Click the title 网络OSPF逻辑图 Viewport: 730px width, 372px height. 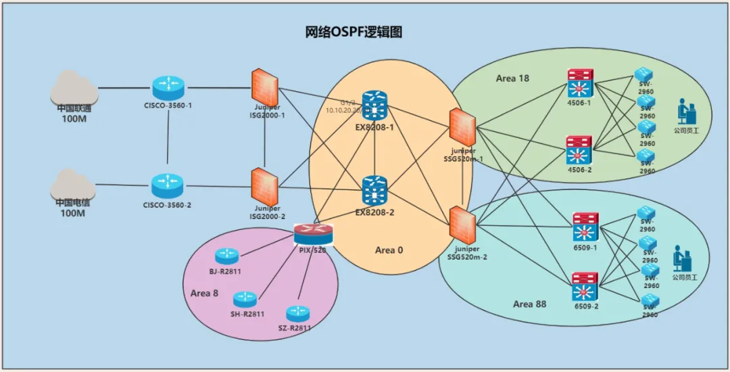(x=354, y=32)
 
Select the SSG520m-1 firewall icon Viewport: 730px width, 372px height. (x=463, y=126)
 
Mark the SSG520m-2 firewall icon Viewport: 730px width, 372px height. (x=463, y=225)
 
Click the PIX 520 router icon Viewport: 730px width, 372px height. (x=314, y=234)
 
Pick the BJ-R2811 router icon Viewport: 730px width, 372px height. (x=226, y=256)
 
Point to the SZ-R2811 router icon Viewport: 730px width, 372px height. (x=297, y=313)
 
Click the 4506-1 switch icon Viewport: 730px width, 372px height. (x=580, y=84)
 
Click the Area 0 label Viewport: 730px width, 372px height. (x=389, y=250)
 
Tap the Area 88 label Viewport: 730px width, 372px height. (x=529, y=304)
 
